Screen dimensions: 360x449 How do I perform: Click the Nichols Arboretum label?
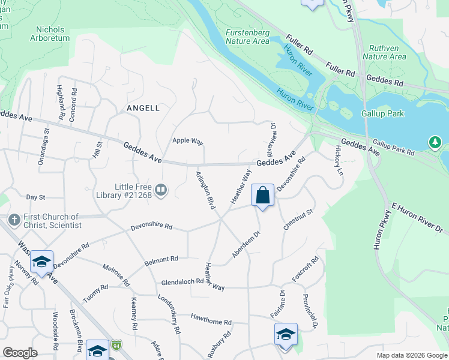(53, 34)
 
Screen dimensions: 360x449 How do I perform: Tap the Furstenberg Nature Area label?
(247, 37)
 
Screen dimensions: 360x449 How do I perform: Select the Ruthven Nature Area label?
(387, 52)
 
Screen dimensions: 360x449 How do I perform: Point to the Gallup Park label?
(382, 113)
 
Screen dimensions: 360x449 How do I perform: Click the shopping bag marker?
(262, 195)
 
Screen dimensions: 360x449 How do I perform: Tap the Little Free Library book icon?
(161, 191)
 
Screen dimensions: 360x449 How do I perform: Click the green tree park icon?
(435, 143)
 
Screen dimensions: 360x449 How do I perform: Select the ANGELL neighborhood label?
(143, 108)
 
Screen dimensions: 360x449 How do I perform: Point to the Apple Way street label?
(188, 141)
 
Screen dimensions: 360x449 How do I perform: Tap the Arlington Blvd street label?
(205, 190)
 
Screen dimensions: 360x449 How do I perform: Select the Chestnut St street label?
(298, 220)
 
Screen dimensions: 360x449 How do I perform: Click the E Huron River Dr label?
(417, 217)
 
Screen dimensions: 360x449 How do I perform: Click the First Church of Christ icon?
(14, 220)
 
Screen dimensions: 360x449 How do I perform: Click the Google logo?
(20, 353)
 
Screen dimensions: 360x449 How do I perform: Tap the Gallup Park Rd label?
(393, 148)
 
